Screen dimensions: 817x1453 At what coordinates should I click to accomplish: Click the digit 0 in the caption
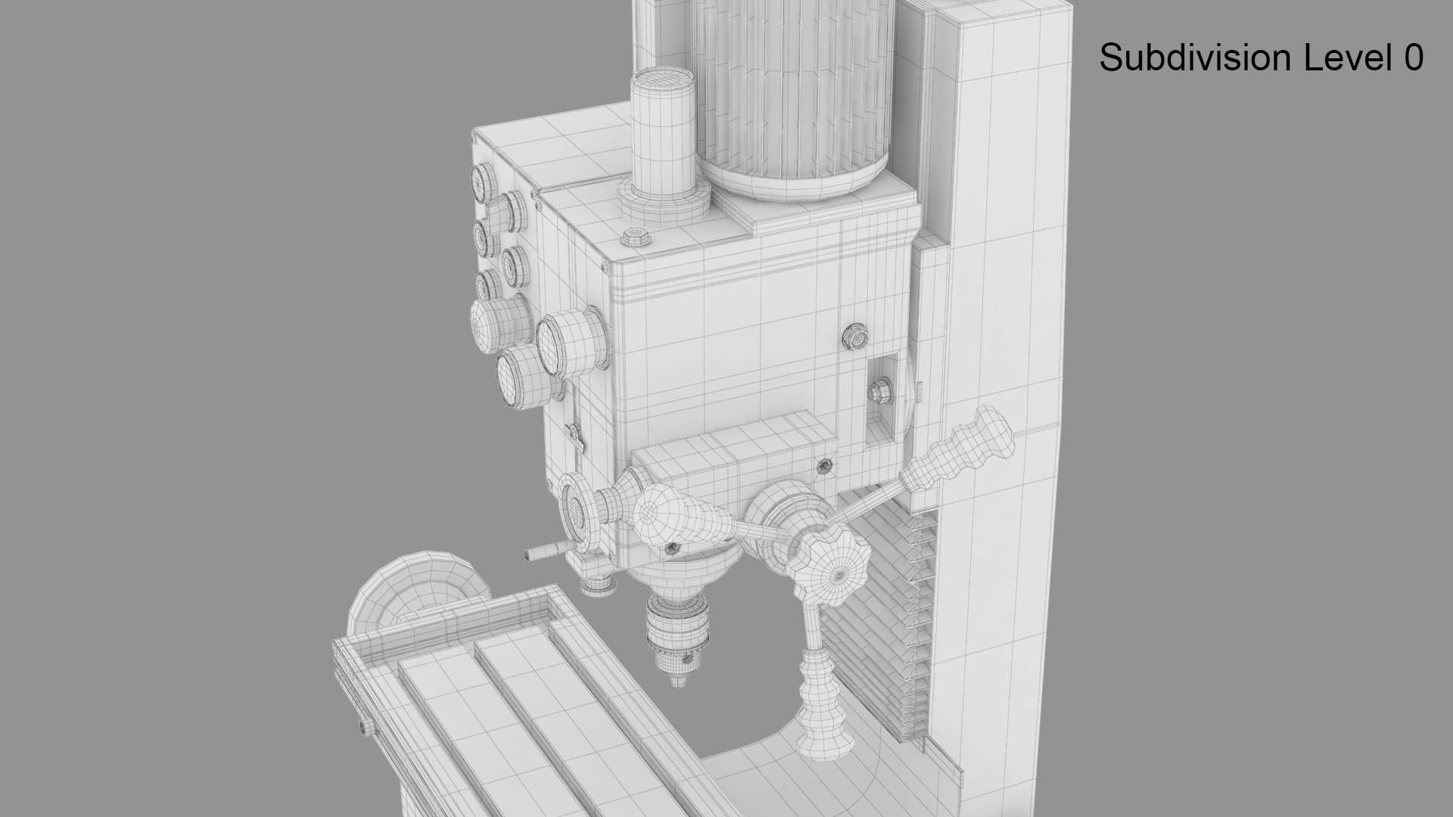(1413, 58)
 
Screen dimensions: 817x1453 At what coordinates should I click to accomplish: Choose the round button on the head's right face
(855, 337)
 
